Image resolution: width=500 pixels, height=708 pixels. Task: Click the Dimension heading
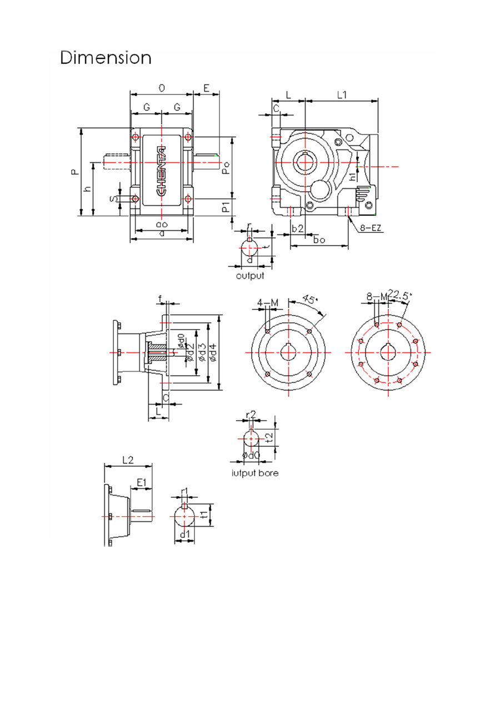pos(106,58)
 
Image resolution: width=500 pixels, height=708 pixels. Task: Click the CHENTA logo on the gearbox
pos(162,171)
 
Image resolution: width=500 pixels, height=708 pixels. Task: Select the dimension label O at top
pos(162,88)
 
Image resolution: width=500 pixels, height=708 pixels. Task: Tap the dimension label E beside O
pos(206,88)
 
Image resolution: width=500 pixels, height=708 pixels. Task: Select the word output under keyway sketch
pos(250,276)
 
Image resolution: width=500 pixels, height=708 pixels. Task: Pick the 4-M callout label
pos(268,302)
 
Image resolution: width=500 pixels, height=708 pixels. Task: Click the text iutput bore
pos(255,473)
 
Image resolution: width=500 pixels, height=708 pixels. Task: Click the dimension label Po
pos(226,168)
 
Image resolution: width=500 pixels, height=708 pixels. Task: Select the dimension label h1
pos(352,176)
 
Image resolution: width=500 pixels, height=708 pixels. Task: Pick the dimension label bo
pos(319,240)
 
